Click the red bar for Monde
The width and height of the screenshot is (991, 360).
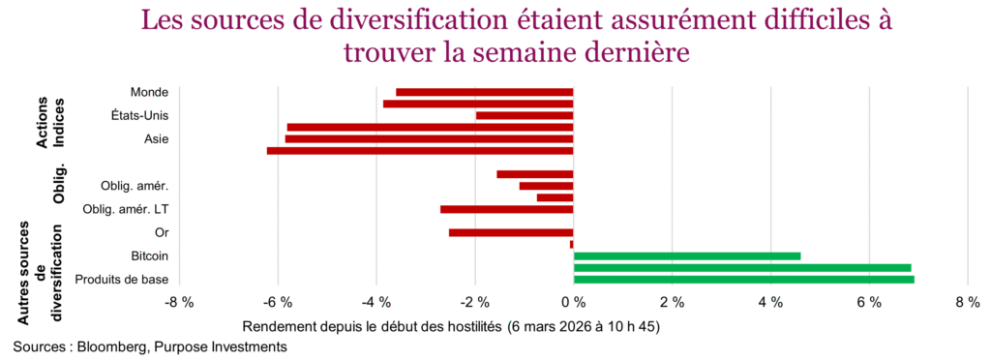pyautogui.click(x=484, y=92)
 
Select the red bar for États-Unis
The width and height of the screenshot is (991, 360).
pyautogui.click(x=525, y=115)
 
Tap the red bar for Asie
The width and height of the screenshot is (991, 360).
pyautogui.click(x=429, y=138)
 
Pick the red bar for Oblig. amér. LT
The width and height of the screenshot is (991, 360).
pyautogui.click(x=506, y=209)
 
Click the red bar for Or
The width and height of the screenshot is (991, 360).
pyautogui.click(x=511, y=232)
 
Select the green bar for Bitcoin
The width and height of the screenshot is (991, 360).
pyautogui.click(x=686, y=255)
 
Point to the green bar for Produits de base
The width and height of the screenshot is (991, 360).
pyautogui.click(x=743, y=280)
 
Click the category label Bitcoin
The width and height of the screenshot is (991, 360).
pyautogui.click(x=149, y=255)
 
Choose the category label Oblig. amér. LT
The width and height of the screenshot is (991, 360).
pyautogui.click(x=126, y=209)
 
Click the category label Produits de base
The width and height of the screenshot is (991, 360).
pyautogui.click(x=122, y=280)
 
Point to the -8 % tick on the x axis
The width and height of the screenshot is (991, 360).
pyautogui.click(x=180, y=303)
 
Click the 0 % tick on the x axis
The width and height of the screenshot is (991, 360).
pyautogui.click(x=574, y=303)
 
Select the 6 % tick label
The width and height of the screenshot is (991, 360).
pyautogui.click(x=869, y=303)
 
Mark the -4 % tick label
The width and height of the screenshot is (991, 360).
pyautogui.click(x=377, y=303)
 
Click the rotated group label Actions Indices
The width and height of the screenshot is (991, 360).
pyautogui.click(x=50, y=124)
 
